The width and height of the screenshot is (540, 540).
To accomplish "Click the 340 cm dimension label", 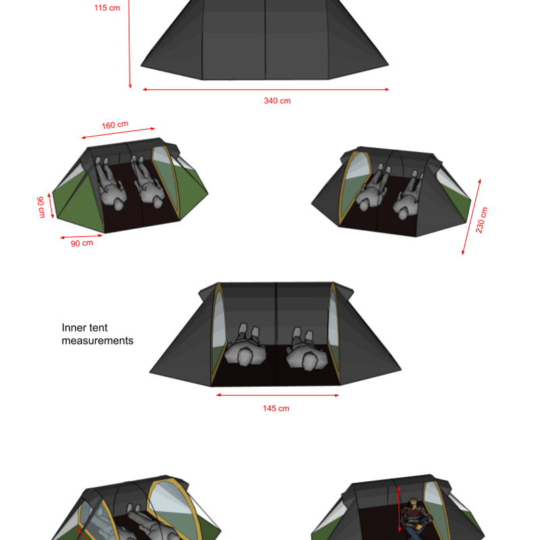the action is [277, 101].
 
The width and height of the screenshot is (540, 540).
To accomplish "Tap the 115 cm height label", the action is [107, 8].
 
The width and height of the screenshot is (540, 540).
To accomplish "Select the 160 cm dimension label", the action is [115, 125].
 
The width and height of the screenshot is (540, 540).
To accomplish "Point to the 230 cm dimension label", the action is [481, 220].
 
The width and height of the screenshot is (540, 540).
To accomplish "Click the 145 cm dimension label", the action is [276, 408].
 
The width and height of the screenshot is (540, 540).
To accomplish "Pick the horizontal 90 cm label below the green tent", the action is [82, 243].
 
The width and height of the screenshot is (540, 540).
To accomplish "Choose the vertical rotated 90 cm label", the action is [41, 207].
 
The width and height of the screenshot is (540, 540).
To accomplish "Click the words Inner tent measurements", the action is [97, 334].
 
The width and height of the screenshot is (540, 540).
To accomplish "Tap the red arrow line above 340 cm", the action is [266, 90].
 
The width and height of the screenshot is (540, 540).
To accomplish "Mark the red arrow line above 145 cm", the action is [277, 396].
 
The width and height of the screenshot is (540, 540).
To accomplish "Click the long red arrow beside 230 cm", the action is [471, 217].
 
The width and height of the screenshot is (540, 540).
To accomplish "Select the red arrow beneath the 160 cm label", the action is [118, 133].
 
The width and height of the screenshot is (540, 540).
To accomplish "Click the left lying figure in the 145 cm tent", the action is [245, 346].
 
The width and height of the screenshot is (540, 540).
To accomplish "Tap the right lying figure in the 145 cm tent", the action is [306, 350].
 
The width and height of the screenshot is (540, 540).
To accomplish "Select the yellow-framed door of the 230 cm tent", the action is [355, 188].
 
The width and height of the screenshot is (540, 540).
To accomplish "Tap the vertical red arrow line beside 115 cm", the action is [130, 44].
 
